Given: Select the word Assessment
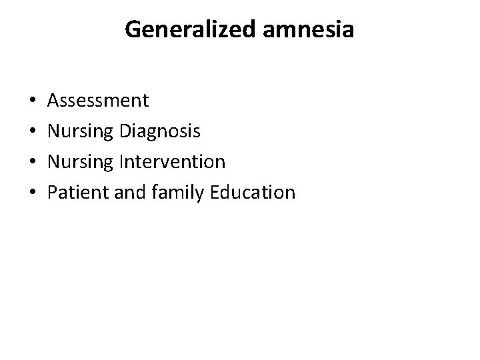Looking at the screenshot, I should click(99, 101).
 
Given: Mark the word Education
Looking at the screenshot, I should click(252, 193).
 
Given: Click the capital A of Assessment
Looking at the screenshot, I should click(54, 101).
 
